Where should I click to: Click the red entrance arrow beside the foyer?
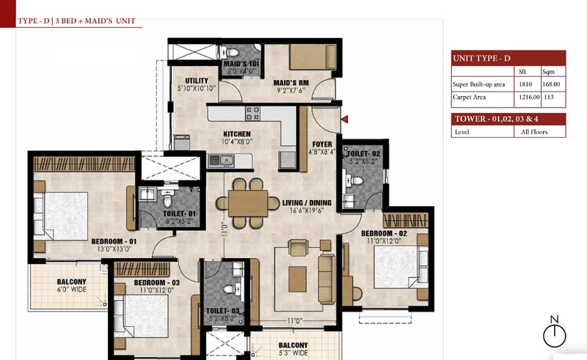(345, 120)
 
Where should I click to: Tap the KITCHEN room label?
(237, 134)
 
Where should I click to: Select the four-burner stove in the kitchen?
(252, 114)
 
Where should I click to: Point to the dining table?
(248, 204)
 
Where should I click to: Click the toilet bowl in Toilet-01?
(168, 199)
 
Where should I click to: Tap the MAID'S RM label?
(291, 83)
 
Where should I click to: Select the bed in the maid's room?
(313, 57)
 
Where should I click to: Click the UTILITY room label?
(197, 81)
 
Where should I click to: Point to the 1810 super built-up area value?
(525, 84)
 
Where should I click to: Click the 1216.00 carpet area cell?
(529, 97)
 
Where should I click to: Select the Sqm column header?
(548, 71)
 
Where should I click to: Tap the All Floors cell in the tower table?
(534, 132)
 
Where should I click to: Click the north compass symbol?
(555, 332)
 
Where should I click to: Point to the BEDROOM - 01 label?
(114, 241)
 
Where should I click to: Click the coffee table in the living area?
(298, 279)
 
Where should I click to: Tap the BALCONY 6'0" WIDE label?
(71, 285)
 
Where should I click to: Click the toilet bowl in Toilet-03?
(230, 289)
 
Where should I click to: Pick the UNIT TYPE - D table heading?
(481, 59)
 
